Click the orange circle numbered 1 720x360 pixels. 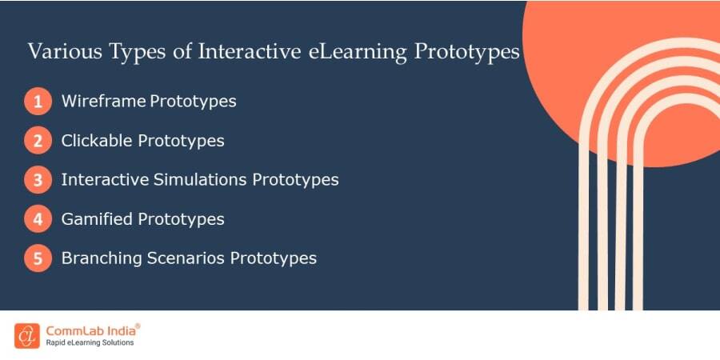pos(38,102)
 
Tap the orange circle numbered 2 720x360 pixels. pos(38,142)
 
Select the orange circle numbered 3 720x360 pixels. pos(38,180)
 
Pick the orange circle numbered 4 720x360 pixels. pos(38,219)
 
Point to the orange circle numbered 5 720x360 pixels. pos(38,258)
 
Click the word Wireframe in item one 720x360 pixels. pos(103,102)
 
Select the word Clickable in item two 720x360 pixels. pos(97,141)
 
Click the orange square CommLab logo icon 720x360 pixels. pos(26,335)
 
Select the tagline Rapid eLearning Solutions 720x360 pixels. pos(90,343)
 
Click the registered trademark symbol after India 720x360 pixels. pos(138,326)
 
